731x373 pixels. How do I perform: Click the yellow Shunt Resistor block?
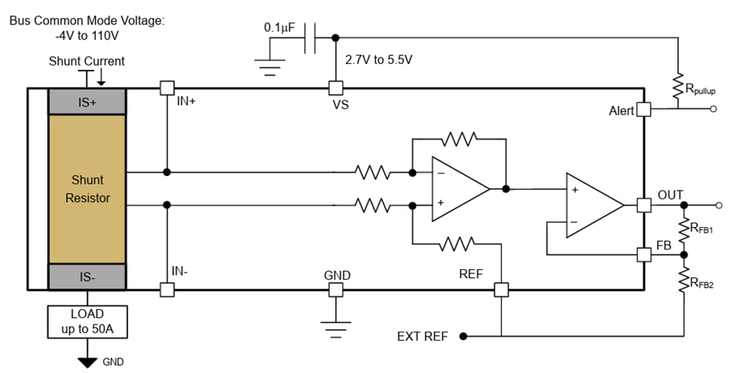click(x=87, y=188)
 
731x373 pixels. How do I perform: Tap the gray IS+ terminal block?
click(x=87, y=102)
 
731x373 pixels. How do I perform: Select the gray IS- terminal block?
click(x=87, y=277)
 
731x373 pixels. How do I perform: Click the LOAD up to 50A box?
click(x=87, y=320)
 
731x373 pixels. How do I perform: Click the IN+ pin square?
click(x=167, y=88)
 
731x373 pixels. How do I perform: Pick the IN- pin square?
click(x=167, y=289)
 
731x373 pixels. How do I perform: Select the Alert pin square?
click(x=643, y=109)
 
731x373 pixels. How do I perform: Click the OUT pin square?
click(x=643, y=205)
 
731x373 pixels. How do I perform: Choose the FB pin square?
click(x=643, y=254)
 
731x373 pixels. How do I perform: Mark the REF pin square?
click(x=501, y=289)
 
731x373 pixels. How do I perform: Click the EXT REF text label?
click(x=422, y=336)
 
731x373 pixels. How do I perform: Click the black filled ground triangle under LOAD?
click(x=87, y=362)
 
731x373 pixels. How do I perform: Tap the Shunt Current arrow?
click(x=102, y=77)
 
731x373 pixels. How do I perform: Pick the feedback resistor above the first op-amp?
click(x=458, y=139)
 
